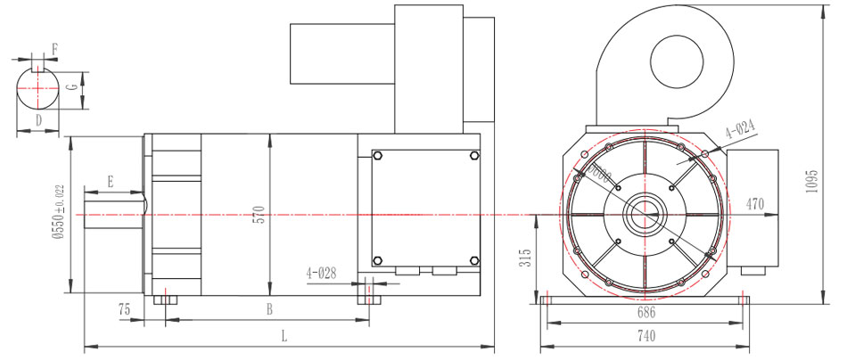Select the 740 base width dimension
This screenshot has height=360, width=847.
[x=646, y=336]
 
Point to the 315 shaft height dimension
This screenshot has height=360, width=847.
[x=527, y=258]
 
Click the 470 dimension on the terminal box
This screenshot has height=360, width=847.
[x=754, y=204]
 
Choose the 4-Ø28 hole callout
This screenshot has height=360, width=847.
[x=321, y=271]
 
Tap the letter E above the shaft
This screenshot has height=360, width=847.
[x=110, y=181]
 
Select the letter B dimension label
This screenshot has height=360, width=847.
[x=268, y=309]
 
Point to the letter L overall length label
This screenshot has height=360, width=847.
[x=284, y=337]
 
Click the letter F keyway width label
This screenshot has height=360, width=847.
[x=55, y=48]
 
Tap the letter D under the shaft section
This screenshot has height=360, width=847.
[x=38, y=119]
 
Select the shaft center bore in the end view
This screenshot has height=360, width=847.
[x=645, y=214]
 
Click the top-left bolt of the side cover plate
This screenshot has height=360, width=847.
[x=378, y=156]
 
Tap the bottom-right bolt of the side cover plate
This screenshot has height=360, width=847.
[x=472, y=260]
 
